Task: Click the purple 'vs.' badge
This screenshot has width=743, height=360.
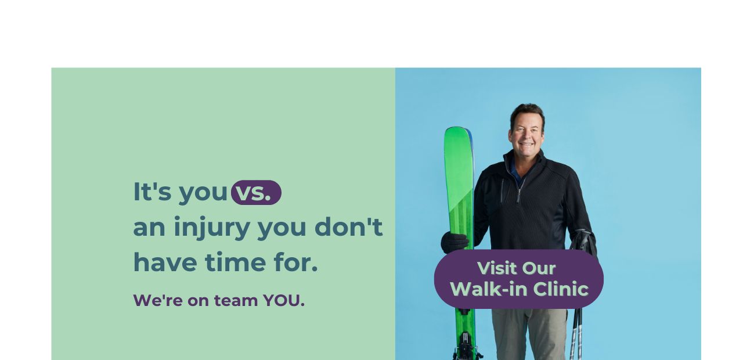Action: point(256,192)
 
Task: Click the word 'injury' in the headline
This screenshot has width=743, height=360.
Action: point(212,228)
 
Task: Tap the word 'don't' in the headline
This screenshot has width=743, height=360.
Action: point(349,227)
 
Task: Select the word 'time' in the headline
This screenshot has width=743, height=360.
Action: point(236,262)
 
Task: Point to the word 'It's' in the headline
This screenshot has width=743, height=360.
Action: point(152,192)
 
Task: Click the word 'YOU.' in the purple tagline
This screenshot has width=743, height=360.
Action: point(284,300)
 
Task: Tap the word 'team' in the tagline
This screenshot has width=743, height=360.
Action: point(236,301)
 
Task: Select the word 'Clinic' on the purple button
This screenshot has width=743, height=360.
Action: point(561,289)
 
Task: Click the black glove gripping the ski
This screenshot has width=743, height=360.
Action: point(455,242)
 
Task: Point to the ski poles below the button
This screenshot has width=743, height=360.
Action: point(576,334)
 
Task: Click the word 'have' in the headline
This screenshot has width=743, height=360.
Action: point(165,262)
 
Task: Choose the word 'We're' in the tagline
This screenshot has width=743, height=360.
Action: point(158,300)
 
